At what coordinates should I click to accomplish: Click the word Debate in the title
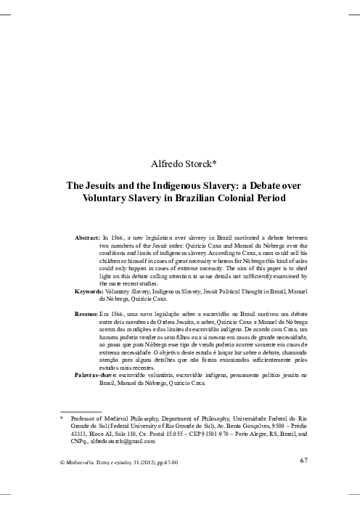[x=263, y=186]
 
